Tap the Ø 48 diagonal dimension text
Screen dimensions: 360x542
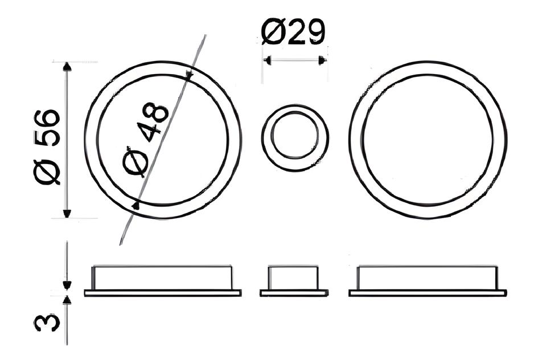(146, 140)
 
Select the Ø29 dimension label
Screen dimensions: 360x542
(293, 32)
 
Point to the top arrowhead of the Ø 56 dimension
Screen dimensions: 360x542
(67, 66)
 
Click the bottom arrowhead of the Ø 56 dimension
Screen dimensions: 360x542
(67, 214)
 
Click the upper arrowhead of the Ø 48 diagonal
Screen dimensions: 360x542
(189, 75)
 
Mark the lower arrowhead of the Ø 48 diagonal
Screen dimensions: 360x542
(135, 204)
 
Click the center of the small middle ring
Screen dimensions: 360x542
(295, 137)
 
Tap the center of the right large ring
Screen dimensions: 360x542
(428, 140)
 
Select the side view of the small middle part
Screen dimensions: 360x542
(294, 280)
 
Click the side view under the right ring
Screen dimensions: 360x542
(428, 280)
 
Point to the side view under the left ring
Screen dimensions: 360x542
(163, 280)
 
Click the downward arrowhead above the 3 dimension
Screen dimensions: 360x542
(67, 285)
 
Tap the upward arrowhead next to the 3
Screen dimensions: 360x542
(67, 300)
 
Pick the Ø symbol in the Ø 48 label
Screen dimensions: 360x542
(135, 161)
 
